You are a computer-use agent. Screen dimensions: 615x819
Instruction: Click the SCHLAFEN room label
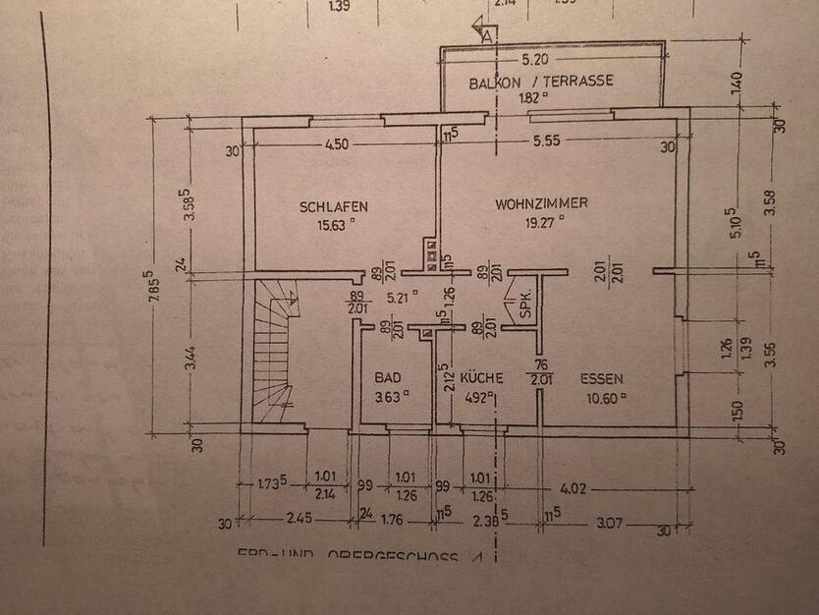[x=334, y=206]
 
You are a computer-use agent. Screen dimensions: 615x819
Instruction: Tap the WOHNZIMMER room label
[x=541, y=203]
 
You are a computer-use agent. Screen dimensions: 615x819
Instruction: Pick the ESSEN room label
[x=601, y=377]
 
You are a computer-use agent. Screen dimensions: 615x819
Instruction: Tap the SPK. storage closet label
[x=525, y=304]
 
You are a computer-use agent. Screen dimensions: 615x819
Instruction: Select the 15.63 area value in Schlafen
[x=333, y=224]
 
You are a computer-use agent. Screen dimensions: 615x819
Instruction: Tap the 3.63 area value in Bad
[x=387, y=397]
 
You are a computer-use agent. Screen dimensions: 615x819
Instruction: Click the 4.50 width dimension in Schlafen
[x=337, y=145]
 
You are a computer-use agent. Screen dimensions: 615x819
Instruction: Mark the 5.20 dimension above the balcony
[x=535, y=58]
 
